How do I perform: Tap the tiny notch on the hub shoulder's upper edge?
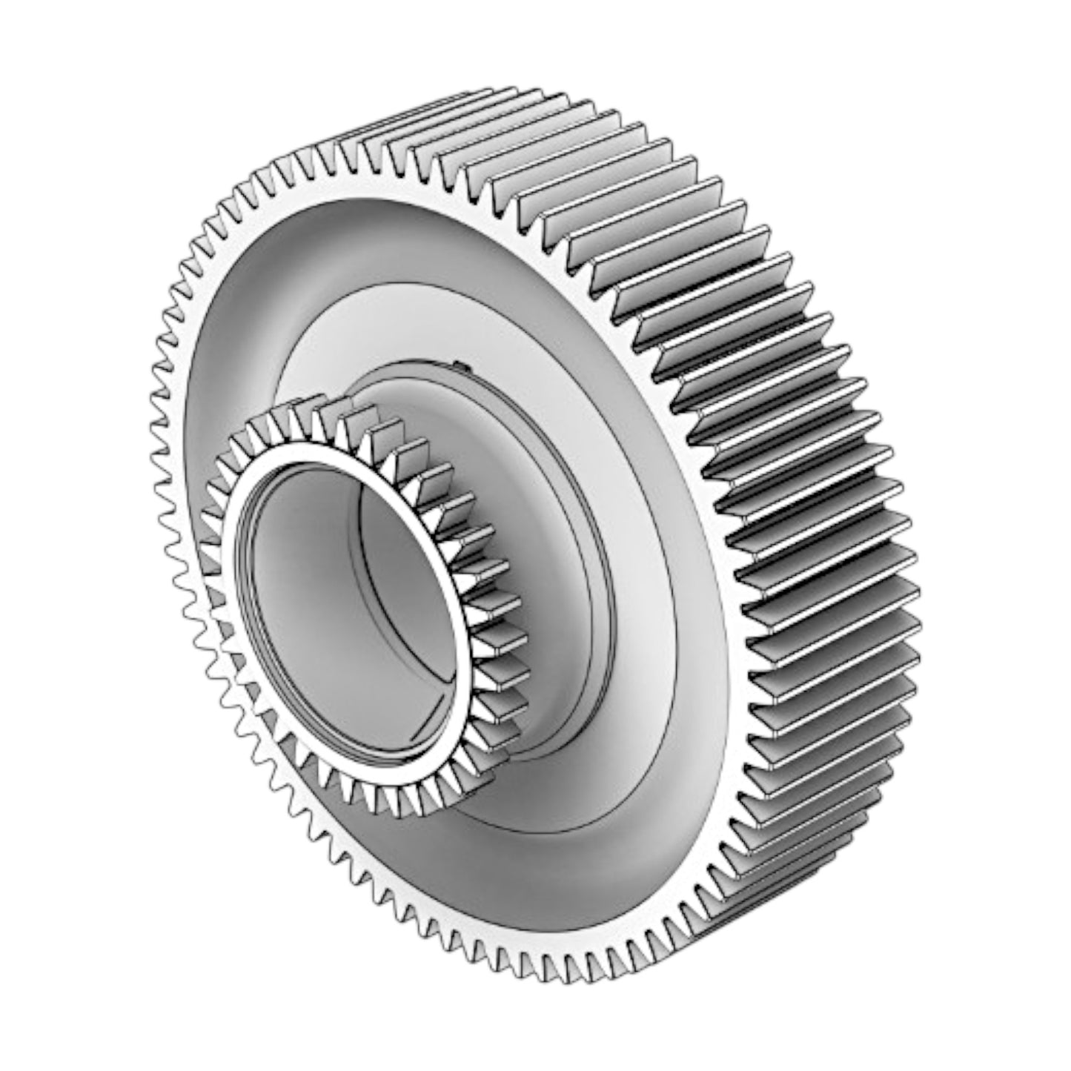[x=457, y=365]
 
